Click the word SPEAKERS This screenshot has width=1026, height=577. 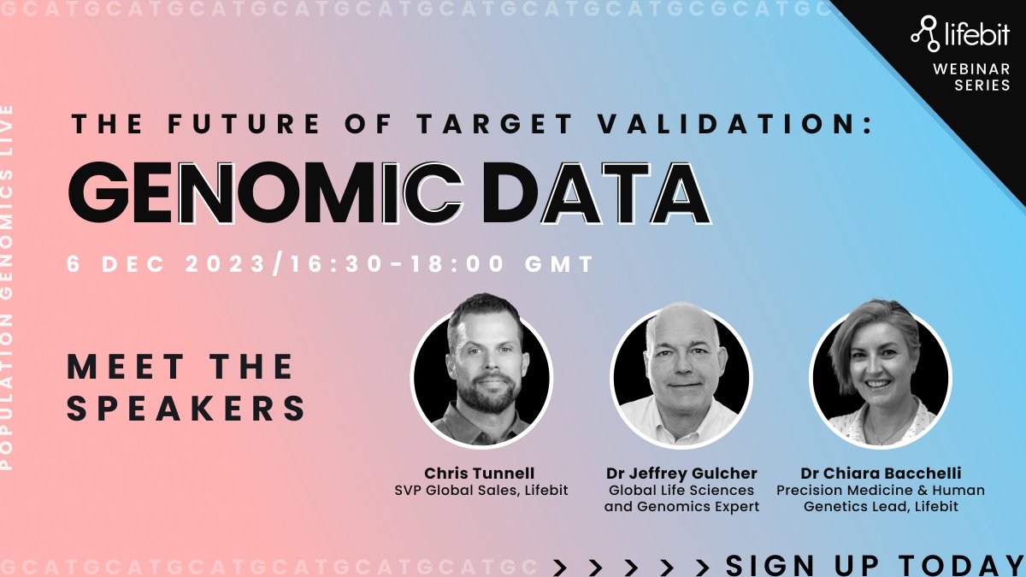186,408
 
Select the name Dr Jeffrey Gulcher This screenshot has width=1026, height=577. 681,474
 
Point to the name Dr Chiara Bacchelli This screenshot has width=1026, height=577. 880,474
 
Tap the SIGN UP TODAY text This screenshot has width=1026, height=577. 874,564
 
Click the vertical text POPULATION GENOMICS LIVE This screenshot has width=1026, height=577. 9,286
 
